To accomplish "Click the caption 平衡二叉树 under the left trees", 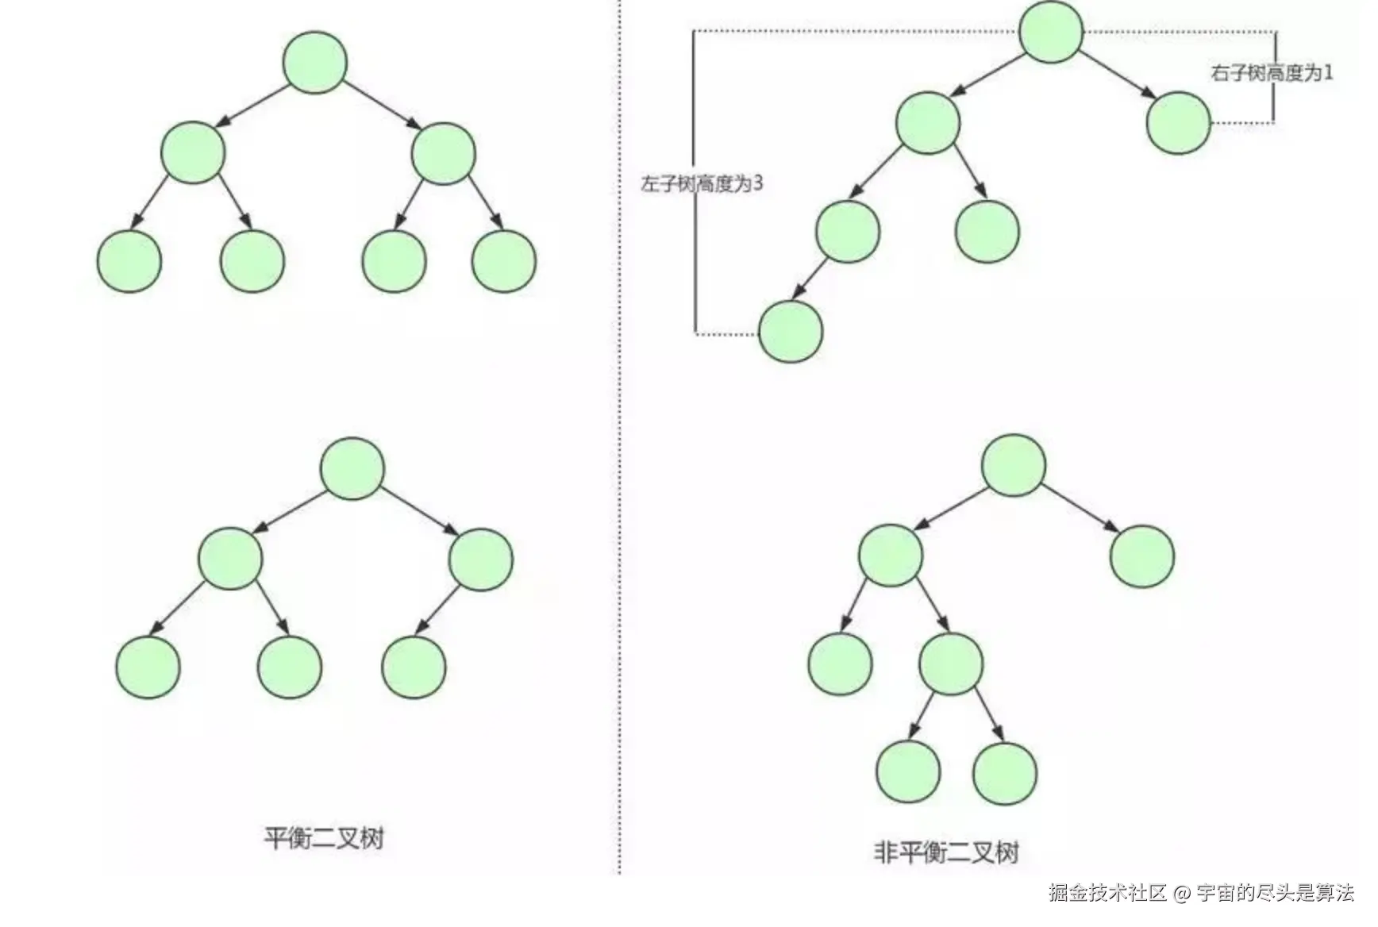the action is click(324, 837).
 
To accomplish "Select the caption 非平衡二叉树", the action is click(945, 852).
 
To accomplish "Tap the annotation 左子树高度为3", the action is click(702, 183).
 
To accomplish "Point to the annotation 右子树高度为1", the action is click(1272, 73).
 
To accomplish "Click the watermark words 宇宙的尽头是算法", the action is click(1275, 893).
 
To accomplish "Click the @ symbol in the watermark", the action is click(1182, 894).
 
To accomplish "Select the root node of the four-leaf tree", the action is click(315, 63).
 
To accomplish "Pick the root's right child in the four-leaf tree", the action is click(443, 154).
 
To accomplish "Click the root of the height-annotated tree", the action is click(1051, 32).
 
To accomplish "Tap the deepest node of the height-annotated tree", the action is click(791, 331).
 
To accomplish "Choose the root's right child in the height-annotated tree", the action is click(1178, 123).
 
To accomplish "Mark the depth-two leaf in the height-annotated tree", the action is click(987, 231).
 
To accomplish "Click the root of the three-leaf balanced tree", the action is click(352, 468).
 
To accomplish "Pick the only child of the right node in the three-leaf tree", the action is click(414, 666).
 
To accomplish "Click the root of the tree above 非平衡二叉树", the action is click(1014, 465).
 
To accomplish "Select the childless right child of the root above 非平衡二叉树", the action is click(1141, 556).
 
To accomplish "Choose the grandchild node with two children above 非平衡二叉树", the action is click(951, 664).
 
